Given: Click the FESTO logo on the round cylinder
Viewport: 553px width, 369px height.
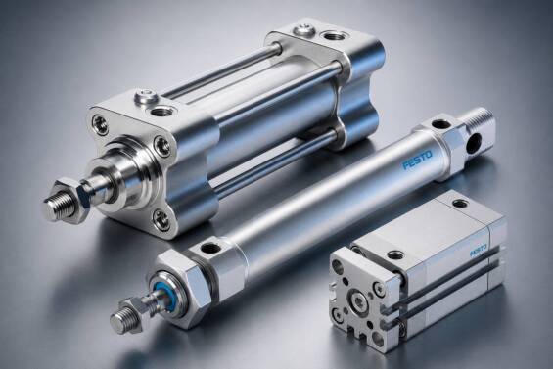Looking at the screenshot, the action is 417,161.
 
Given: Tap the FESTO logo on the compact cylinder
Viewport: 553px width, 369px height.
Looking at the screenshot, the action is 479,251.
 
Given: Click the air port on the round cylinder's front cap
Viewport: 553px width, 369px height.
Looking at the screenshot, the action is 210,248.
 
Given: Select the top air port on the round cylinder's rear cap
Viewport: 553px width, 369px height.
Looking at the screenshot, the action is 439,124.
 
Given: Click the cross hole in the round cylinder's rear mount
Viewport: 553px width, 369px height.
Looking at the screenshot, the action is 474,143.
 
